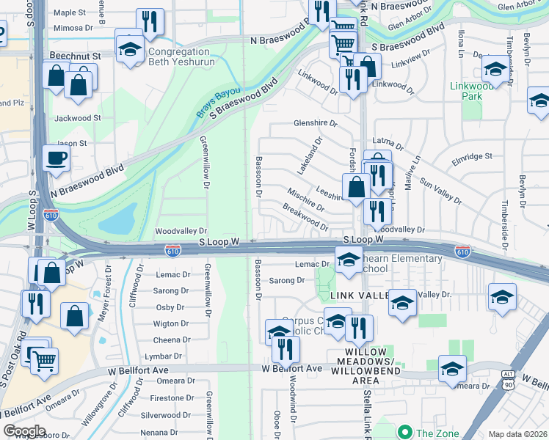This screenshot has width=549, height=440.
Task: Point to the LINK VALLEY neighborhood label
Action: pyautogui.click(x=358, y=295)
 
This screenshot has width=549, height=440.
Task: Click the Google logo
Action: pyautogui.click(x=23, y=431)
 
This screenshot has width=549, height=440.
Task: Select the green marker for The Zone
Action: pyautogui.click(x=403, y=432)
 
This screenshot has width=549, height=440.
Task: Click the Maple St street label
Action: pyautogui.click(x=70, y=12)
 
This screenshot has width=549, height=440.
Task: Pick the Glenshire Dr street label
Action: pyautogui.click(x=315, y=123)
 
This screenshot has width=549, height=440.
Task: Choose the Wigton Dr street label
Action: pyautogui.click(x=171, y=323)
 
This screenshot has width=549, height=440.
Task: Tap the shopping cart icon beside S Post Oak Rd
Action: pyautogui.click(x=44, y=360)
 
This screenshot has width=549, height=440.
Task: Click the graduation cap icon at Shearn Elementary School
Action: pyautogui.click(x=349, y=258)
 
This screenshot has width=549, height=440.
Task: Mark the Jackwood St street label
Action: pyautogui.click(x=77, y=117)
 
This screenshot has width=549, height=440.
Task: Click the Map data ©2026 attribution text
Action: pyautogui.click(x=518, y=434)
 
